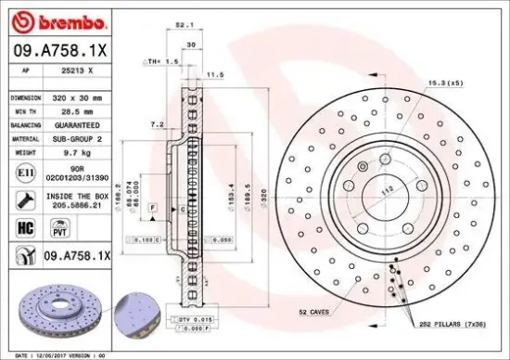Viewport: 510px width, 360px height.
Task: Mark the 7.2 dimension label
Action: pos(157,122)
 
